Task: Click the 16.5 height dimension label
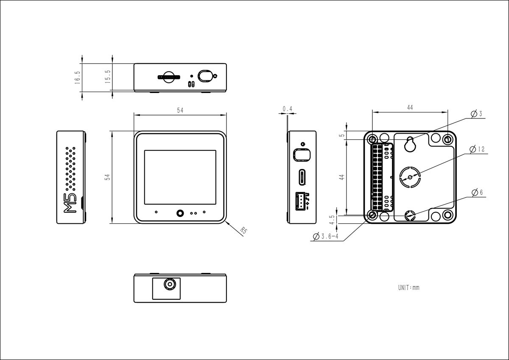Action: point(77,77)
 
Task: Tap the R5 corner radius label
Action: point(243,231)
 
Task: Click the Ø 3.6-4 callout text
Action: point(325,236)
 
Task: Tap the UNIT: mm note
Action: point(408,287)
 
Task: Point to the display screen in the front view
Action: point(180,176)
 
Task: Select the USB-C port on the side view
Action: point(302,177)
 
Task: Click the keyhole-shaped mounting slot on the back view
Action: point(410,144)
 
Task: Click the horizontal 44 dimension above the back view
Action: point(410,108)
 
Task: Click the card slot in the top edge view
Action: point(169,77)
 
